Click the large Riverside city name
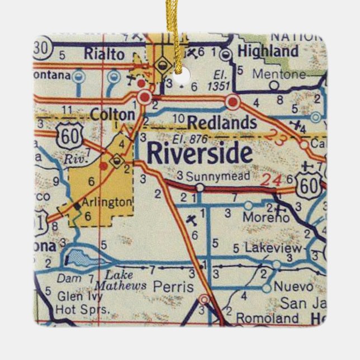pyautogui.click(x=200, y=153)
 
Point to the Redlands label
pyautogui.click(x=222, y=122)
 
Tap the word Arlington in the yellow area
pyautogui.click(x=106, y=202)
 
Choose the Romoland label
pyautogui.click(x=267, y=318)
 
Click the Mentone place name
pyautogui.click(x=279, y=74)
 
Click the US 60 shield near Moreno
pyautogui.click(x=309, y=182)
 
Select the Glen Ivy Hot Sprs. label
pyautogui.click(x=78, y=302)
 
